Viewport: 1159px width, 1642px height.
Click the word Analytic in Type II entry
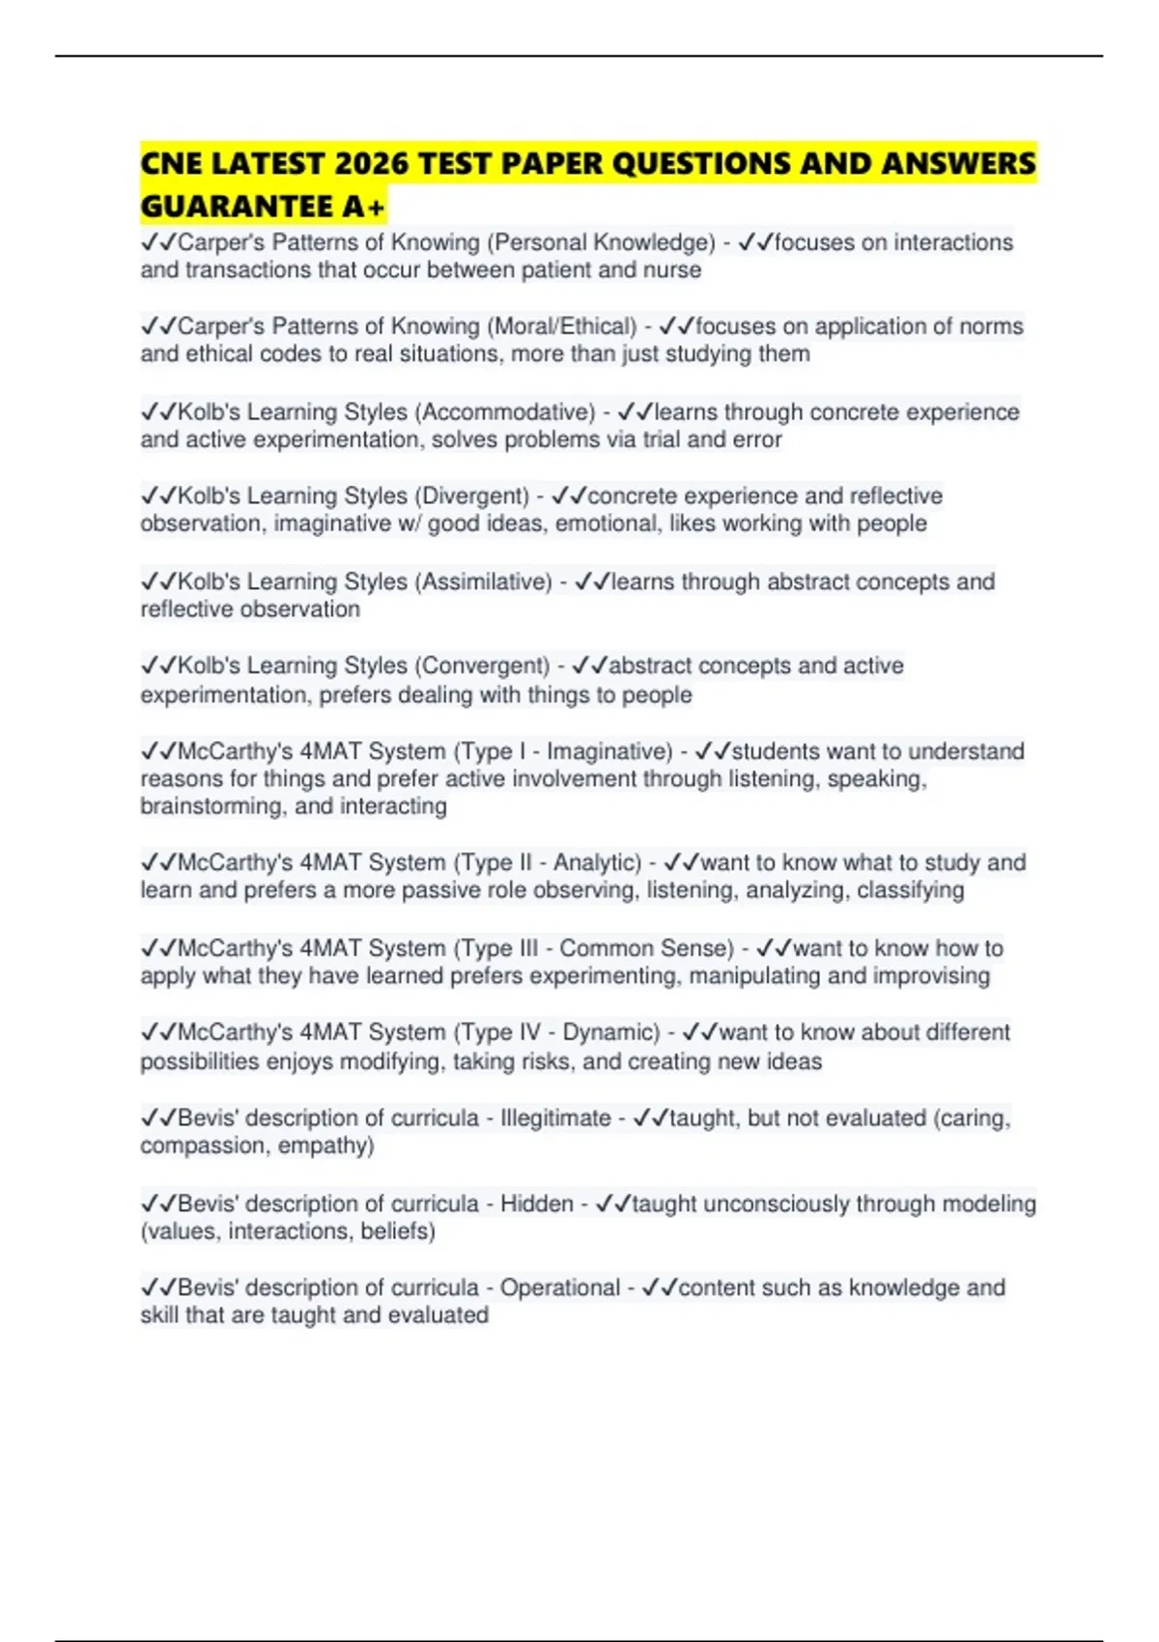(x=597, y=863)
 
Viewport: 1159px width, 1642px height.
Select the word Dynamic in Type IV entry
(x=610, y=1033)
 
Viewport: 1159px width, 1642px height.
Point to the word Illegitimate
(x=555, y=1118)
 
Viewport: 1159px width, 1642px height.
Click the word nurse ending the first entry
(x=674, y=269)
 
